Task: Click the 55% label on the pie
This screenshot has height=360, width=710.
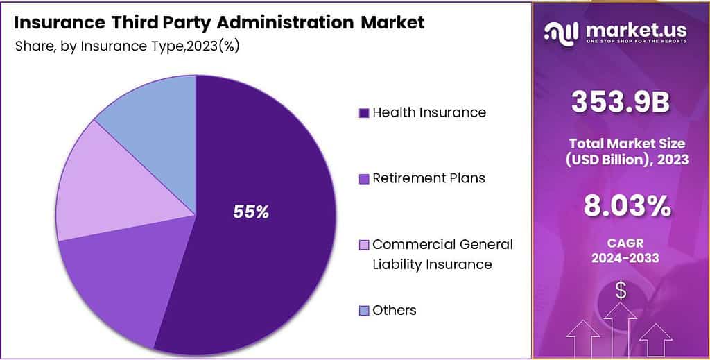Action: point(251,212)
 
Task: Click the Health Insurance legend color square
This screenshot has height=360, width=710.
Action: point(363,112)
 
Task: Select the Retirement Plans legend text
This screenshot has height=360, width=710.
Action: point(428,178)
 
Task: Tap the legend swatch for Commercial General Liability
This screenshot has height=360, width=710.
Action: point(363,245)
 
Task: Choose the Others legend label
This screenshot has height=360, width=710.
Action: point(394,310)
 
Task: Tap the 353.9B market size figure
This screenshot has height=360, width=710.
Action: point(621,103)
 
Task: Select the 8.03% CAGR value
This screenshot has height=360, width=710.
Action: point(621,206)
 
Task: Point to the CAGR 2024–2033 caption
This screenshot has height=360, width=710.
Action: point(621,251)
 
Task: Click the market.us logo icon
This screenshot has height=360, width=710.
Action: point(562,32)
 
